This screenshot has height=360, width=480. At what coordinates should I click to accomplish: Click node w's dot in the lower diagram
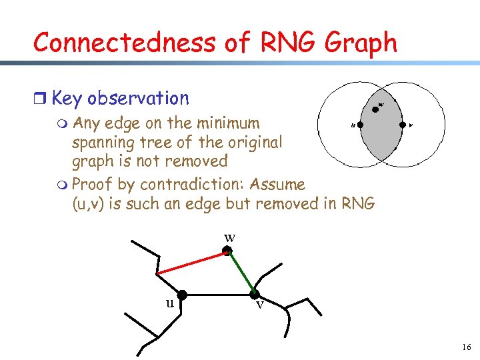click(x=227, y=251)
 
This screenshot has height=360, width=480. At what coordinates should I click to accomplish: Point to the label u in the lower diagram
click(x=170, y=303)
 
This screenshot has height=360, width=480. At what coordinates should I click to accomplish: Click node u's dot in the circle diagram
click(x=360, y=124)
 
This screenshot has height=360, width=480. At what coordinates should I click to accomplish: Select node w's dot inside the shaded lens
click(x=375, y=109)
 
